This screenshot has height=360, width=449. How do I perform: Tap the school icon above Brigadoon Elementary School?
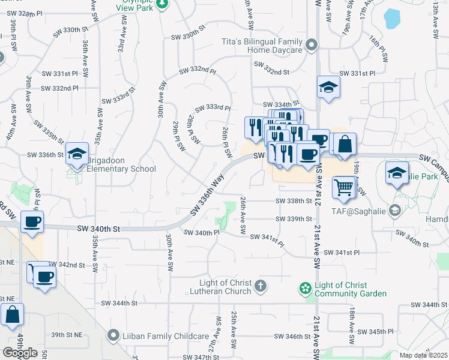coord(77,154)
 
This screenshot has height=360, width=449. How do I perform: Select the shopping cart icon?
coord(342,187)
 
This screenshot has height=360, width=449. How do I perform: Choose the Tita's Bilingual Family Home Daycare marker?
coord(311,45)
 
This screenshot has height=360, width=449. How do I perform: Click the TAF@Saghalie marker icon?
coord(394,210)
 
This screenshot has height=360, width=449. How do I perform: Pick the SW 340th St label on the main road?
coord(99,229)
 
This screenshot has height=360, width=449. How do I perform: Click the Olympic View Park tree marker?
coord(161,4)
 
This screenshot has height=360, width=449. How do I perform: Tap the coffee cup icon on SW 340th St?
coord(32,221)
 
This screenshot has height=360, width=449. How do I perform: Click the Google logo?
coord(20,352)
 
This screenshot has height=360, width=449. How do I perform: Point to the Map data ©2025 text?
coord(424,355)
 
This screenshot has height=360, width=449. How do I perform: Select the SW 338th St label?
coord(294,201)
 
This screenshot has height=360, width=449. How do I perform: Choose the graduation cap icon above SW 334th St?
coord(328,88)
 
